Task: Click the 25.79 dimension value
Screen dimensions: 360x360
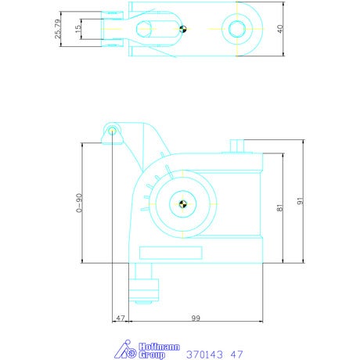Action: coord(58,29)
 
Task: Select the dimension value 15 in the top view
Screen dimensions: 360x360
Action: coord(78,29)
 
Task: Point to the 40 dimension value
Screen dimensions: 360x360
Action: coord(280,29)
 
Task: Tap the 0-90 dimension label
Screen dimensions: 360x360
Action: coord(79,203)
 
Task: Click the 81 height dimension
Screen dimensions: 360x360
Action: coord(279,208)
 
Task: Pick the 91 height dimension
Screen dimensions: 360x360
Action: coord(301,201)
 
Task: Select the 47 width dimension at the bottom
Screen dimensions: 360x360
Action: coord(121,318)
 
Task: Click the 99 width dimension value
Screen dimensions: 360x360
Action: coord(196,318)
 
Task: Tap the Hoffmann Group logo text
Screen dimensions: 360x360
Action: coord(159,351)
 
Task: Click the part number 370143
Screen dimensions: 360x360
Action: coord(204,355)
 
